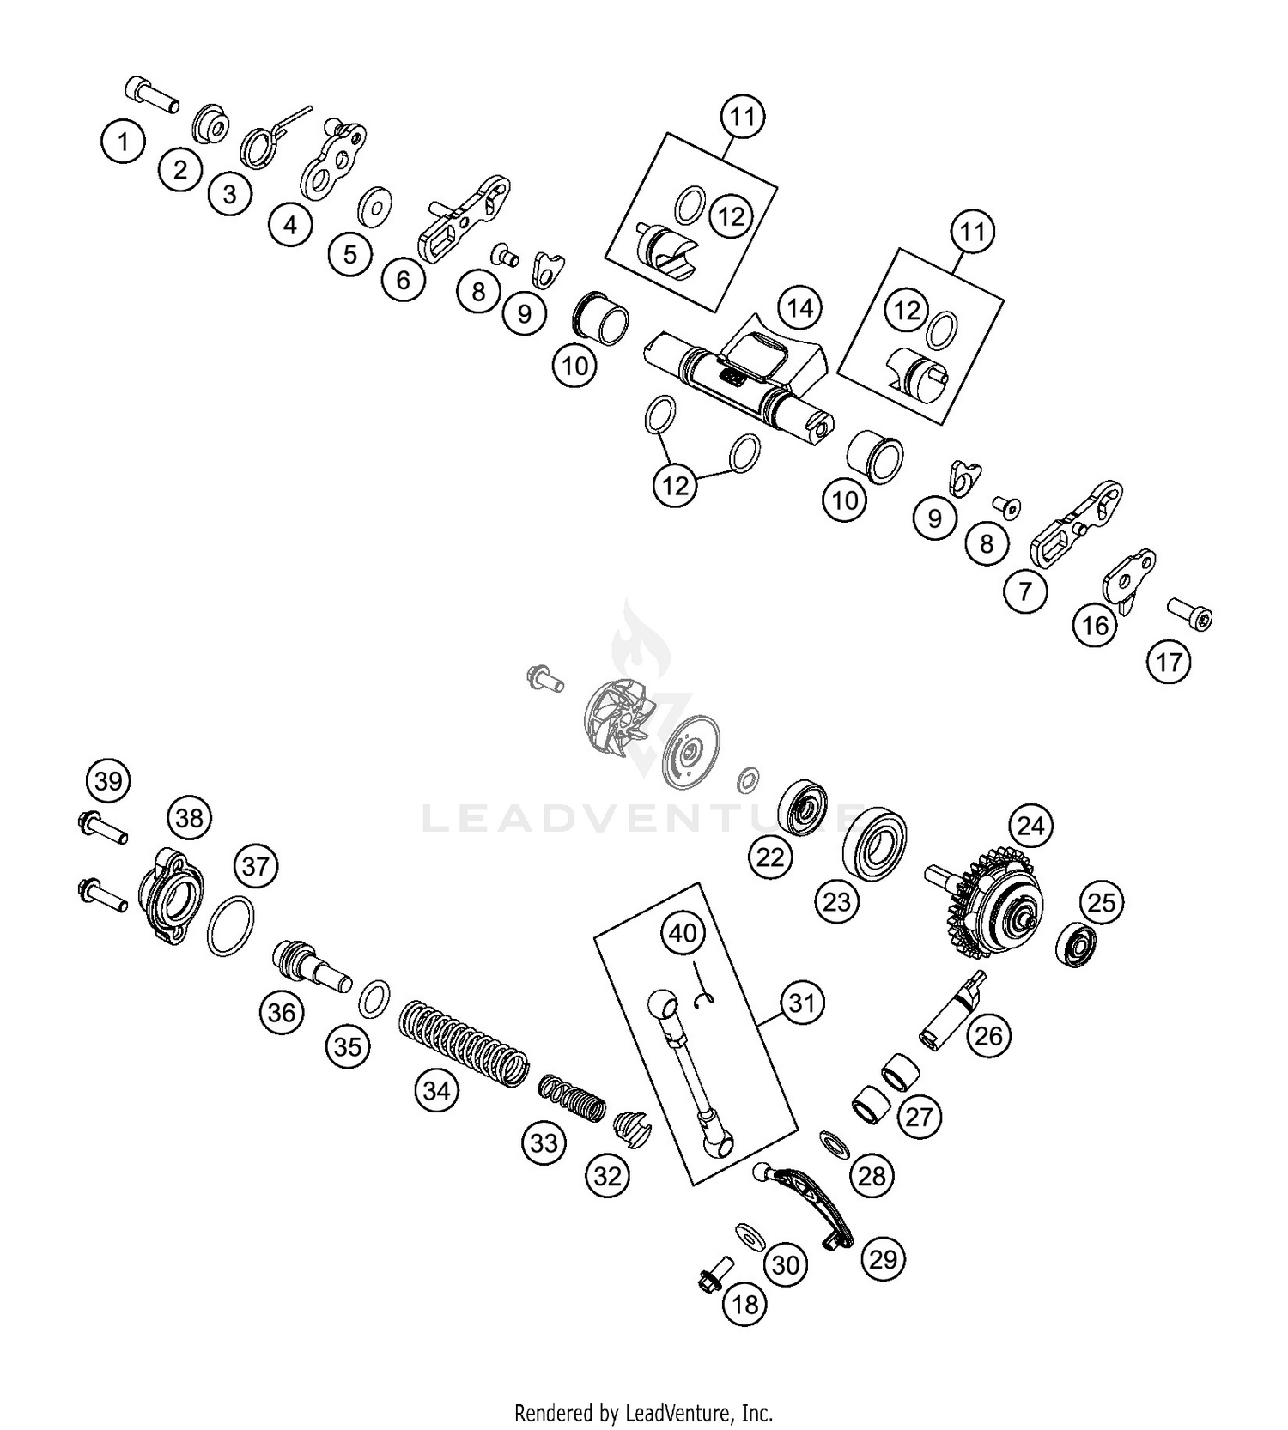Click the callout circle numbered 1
coord(124,141)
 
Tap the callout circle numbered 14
coord(799,307)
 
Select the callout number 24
coord(1030,826)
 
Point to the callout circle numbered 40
coord(683,932)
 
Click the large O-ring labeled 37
coord(231,926)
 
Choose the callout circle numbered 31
coord(801,1003)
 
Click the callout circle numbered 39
coord(108,781)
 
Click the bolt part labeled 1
coord(152,94)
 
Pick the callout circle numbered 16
coord(1095,626)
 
